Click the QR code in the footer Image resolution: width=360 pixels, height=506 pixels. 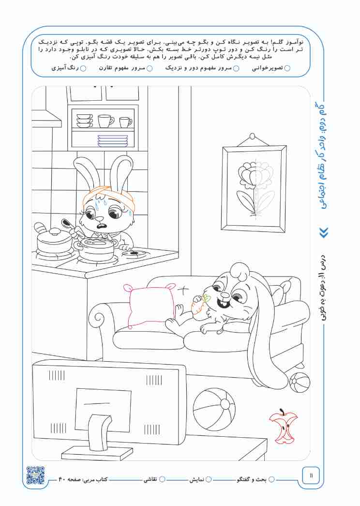coord(35,475)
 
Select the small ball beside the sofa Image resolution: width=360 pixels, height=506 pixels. coord(300,382)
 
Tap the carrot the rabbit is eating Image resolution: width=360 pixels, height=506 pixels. coord(199,304)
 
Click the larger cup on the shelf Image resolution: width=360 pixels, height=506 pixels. coord(105,121)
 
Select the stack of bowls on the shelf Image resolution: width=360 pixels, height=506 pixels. coord(85,121)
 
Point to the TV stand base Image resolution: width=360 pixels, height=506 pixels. coord(97,454)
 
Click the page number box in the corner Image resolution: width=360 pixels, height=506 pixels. coord(311,475)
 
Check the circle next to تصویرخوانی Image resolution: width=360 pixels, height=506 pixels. coord(287,68)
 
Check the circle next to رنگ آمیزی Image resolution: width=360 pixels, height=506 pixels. coord(83,68)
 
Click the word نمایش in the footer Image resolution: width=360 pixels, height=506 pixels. coord(196,479)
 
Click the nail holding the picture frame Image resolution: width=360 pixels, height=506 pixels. coord(253,136)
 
